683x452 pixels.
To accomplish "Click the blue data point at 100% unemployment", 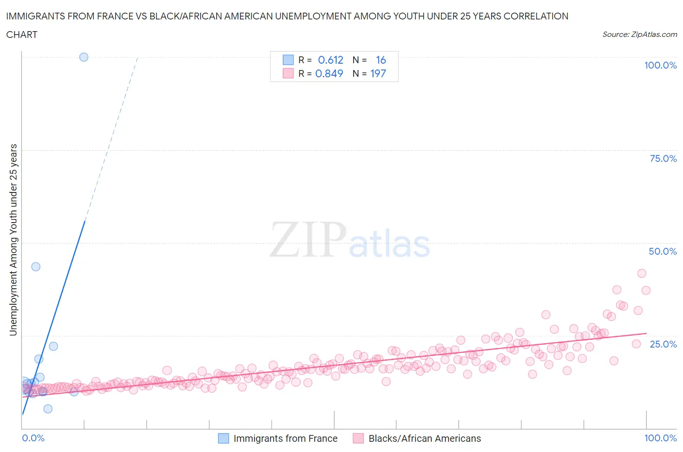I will coord(84,57).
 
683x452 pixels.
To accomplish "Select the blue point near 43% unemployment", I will coord(35,266).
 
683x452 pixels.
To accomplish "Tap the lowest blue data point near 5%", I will coord(48,409).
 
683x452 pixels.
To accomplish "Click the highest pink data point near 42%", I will coord(642,273).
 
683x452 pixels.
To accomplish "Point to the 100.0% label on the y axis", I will coord(660,65).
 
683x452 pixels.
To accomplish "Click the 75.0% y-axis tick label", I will coord(663,158).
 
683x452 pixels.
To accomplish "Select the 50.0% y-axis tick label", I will coord(663,251).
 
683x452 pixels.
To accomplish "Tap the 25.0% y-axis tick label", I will coord(663,344).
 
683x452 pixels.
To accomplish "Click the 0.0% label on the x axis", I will coord(33,438).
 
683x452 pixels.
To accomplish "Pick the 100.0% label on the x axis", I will coord(660,438).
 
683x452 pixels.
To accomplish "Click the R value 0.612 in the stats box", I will coord(330,60).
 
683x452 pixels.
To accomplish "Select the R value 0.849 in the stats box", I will coord(329,73).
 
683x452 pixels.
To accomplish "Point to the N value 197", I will coord(378,73).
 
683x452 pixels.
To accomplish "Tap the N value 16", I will coord(381,60).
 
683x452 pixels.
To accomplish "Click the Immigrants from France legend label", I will coord(285,438).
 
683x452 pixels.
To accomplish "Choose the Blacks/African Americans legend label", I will coord(425,438).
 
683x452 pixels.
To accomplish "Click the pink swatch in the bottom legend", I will coord(358,438).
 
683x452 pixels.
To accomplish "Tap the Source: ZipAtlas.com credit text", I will coord(639,34).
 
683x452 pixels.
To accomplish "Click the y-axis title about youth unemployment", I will coord(14,240).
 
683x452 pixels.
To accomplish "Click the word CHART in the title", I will coord(22,35).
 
